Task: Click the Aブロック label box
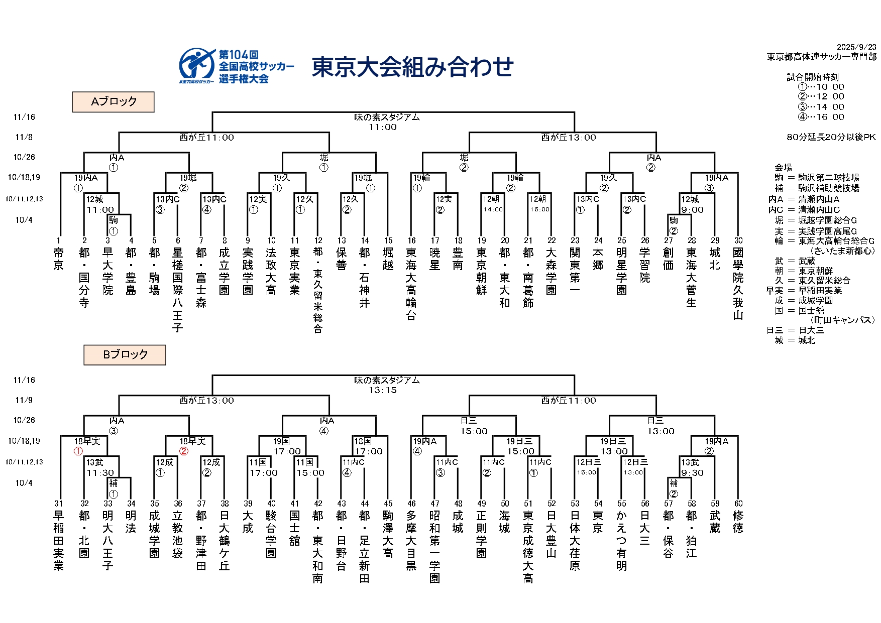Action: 113,101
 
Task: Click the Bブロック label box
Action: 125,354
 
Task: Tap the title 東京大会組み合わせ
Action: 412,67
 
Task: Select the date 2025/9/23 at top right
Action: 856,48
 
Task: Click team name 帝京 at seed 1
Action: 59,259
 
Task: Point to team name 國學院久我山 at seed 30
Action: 738,284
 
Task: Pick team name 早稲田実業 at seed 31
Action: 59,541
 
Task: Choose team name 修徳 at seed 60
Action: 738,522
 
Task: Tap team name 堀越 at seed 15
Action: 388,259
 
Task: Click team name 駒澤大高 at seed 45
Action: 388,535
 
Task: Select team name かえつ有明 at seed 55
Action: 622,541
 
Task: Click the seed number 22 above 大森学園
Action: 552,240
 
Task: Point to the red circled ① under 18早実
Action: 78,451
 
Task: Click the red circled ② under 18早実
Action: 184,451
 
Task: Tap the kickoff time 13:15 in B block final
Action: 383,390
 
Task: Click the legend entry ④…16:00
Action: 821,117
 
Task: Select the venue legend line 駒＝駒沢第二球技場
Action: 817,178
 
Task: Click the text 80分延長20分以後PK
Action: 831,137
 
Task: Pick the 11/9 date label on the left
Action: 24,400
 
